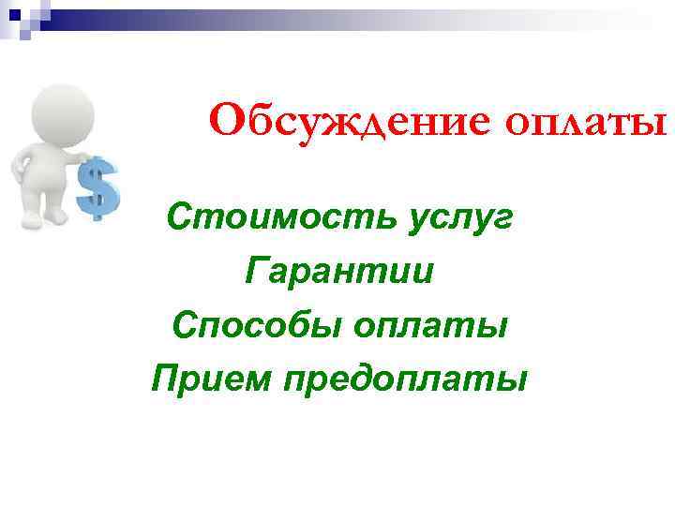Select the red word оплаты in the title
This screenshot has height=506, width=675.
pos(587,123)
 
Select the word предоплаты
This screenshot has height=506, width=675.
pos(404,380)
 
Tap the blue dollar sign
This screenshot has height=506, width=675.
pos(97,188)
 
